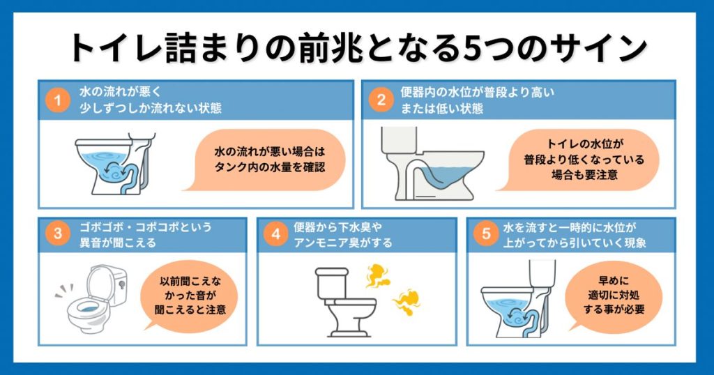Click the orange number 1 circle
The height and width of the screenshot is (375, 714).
tap(58, 100)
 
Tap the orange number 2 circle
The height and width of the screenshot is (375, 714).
tap(381, 100)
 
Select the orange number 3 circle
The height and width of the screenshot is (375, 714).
tap(58, 235)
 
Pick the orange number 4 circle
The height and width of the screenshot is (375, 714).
tap(276, 235)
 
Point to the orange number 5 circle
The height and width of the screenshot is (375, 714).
tap(486, 235)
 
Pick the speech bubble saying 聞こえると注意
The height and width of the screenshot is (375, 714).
tap(188, 297)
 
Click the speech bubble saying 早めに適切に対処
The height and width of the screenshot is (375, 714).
tap(611, 296)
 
